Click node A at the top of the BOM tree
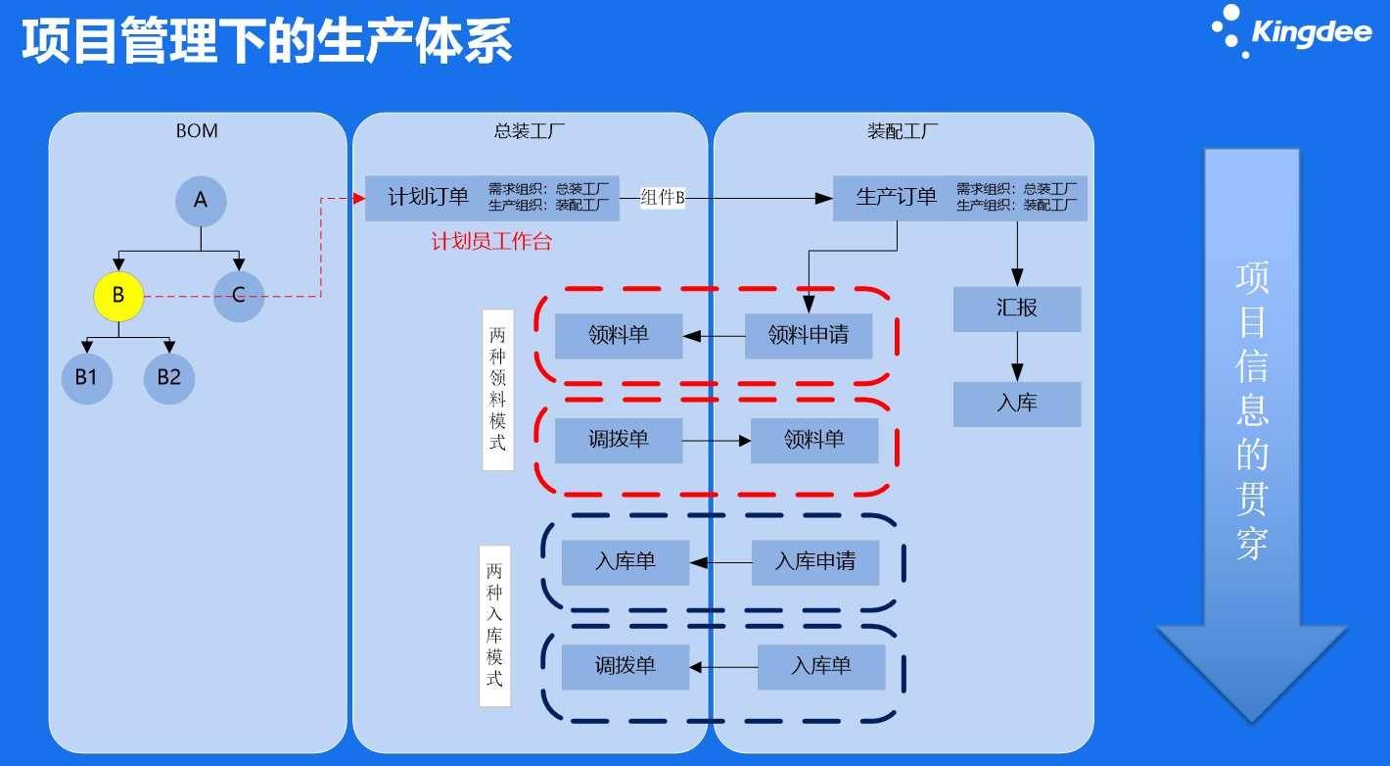(x=201, y=201)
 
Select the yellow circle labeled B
(x=118, y=295)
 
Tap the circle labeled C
(x=239, y=295)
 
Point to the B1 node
(x=87, y=377)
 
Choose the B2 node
(x=169, y=377)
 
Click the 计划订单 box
(x=429, y=198)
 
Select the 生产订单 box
(x=896, y=198)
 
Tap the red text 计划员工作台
(x=491, y=242)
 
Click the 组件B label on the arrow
(x=663, y=198)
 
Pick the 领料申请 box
(x=809, y=336)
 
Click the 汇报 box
(x=1017, y=309)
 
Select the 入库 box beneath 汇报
(x=1017, y=404)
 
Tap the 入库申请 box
(x=815, y=562)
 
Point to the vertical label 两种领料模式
(x=497, y=390)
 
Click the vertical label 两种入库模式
(x=494, y=625)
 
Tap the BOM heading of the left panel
(x=197, y=131)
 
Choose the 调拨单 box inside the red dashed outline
(x=619, y=441)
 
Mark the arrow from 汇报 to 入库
(x=1017, y=357)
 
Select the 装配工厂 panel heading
(x=903, y=131)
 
